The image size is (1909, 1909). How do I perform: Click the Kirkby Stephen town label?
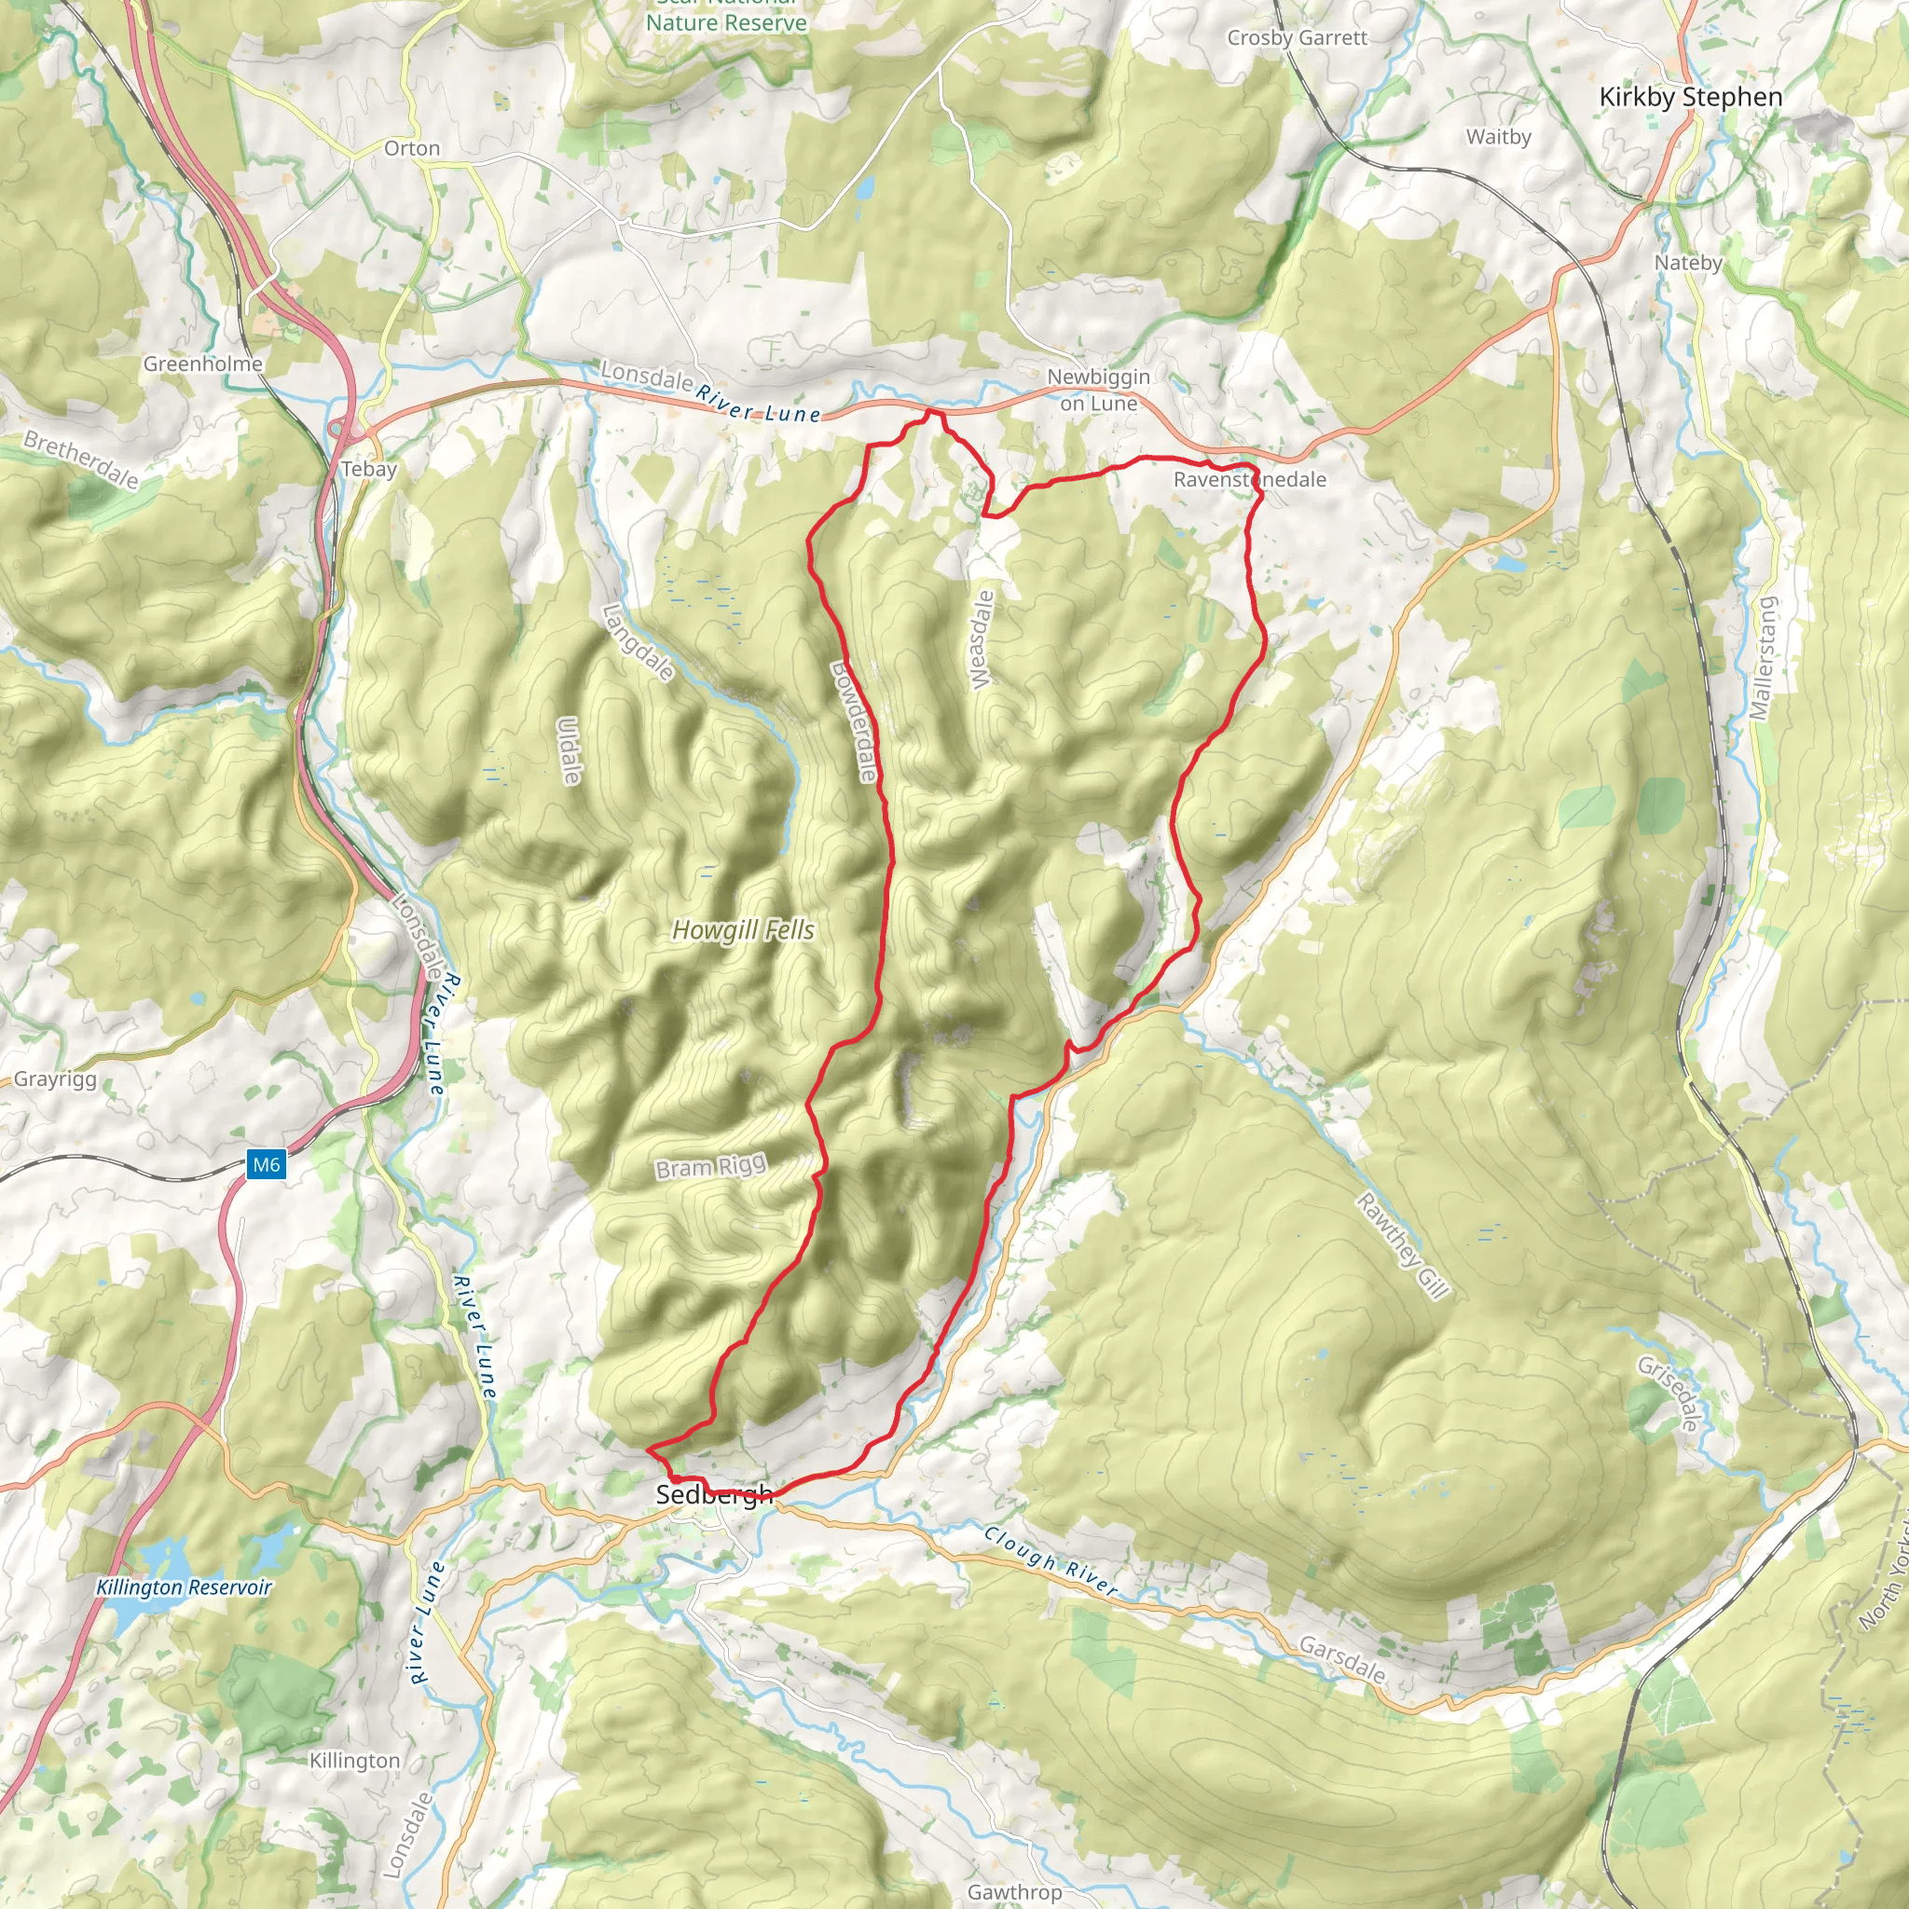click(1691, 97)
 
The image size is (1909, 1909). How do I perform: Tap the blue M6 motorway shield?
click(266, 1164)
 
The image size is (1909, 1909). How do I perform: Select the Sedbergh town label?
click(713, 1494)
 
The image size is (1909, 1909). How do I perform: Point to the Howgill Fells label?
click(743, 929)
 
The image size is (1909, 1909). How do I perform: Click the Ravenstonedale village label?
click(1249, 479)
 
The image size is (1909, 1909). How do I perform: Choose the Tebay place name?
click(368, 470)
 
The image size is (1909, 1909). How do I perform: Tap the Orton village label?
click(412, 148)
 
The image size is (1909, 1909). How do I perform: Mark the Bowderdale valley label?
click(854, 721)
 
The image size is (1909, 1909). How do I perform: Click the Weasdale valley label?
click(981, 640)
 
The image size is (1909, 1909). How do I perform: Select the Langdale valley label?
click(639, 642)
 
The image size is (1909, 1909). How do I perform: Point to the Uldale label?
click(570, 751)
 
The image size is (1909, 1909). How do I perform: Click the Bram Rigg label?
click(710, 1167)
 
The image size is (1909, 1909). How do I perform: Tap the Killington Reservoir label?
click(184, 1586)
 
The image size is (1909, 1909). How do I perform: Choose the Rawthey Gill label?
click(1402, 1245)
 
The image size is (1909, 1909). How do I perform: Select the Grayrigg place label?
click(55, 1079)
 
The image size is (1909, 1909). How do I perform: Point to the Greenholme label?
click(202, 364)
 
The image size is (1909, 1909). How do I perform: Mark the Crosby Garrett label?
click(1297, 37)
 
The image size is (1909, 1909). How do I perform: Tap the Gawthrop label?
click(1014, 1891)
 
